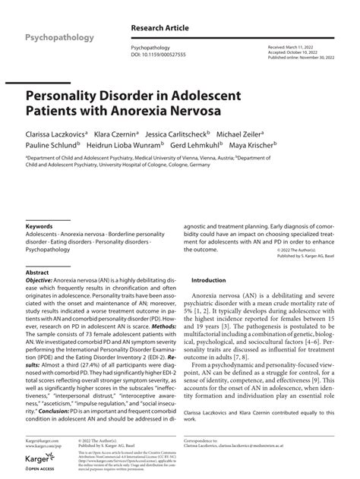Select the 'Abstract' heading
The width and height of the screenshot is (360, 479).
[x=37, y=271]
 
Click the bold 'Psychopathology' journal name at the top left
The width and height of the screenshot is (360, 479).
[x=59, y=37]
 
